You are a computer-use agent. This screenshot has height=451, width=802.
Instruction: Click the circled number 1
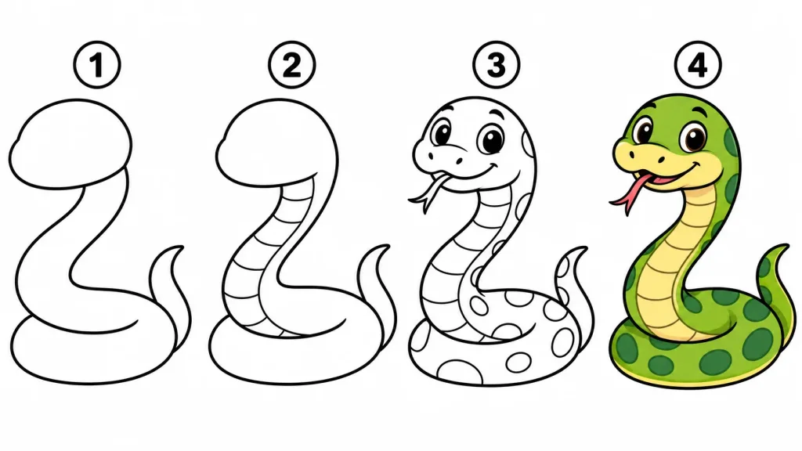(97, 66)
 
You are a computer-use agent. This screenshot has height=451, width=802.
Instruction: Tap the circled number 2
(292, 66)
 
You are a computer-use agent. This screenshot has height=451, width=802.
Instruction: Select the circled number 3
(496, 66)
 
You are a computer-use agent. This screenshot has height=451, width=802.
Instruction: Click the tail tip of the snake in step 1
(181, 248)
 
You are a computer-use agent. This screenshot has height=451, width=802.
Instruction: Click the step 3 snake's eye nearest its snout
(442, 132)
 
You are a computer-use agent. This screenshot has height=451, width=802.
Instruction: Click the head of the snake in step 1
(70, 143)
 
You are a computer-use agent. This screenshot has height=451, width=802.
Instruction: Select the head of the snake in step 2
(276, 143)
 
